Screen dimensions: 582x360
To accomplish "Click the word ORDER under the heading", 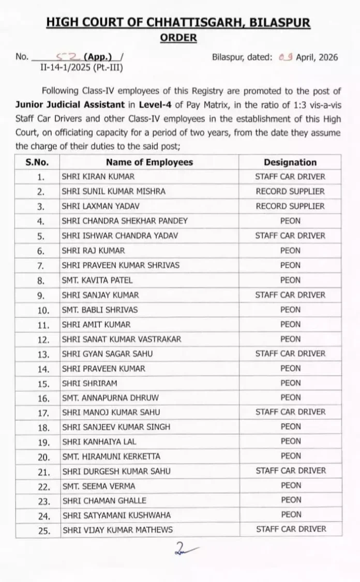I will (x=178, y=38).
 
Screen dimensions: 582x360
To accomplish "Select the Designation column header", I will (x=290, y=162).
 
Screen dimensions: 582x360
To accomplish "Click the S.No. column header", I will (x=37, y=162).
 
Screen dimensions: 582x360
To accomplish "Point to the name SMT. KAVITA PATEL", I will (x=97, y=280).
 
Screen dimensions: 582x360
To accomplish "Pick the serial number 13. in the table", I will (x=43, y=354).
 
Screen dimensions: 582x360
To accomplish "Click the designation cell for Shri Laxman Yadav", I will (x=290, y=206).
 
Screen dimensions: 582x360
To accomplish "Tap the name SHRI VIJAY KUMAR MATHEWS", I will (x=117, y=529).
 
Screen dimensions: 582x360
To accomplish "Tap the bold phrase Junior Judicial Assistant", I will (x=63, y=105).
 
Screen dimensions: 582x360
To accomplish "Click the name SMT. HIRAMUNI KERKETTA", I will (x=111, y=456).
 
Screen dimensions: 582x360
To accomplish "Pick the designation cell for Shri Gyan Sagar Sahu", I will (x=290, y=354).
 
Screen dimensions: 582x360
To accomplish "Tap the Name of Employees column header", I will (x=149, y=162).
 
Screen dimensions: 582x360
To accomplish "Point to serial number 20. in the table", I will (x=43, y=457).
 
